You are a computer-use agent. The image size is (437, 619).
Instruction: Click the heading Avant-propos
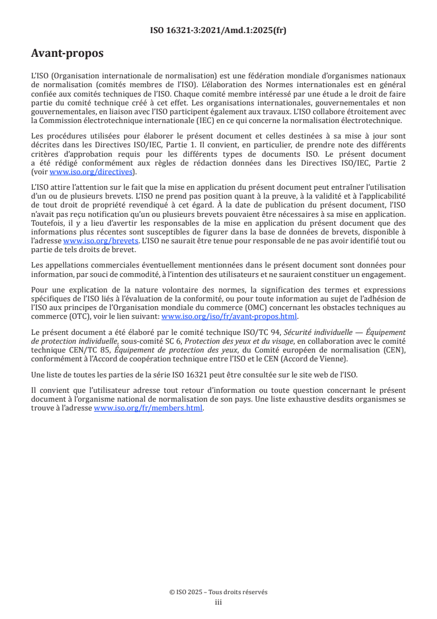(67, 54)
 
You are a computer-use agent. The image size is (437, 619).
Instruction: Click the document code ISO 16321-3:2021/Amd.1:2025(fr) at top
(218, 30)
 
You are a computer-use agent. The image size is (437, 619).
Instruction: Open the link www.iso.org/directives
(91, 172)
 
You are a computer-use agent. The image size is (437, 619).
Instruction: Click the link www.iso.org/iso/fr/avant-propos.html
(229, 317)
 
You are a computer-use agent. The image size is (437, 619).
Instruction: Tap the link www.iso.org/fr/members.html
(149, 408)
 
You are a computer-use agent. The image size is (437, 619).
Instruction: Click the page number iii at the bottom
(218, 602)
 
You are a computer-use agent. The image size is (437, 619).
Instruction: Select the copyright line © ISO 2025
(218, 592)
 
